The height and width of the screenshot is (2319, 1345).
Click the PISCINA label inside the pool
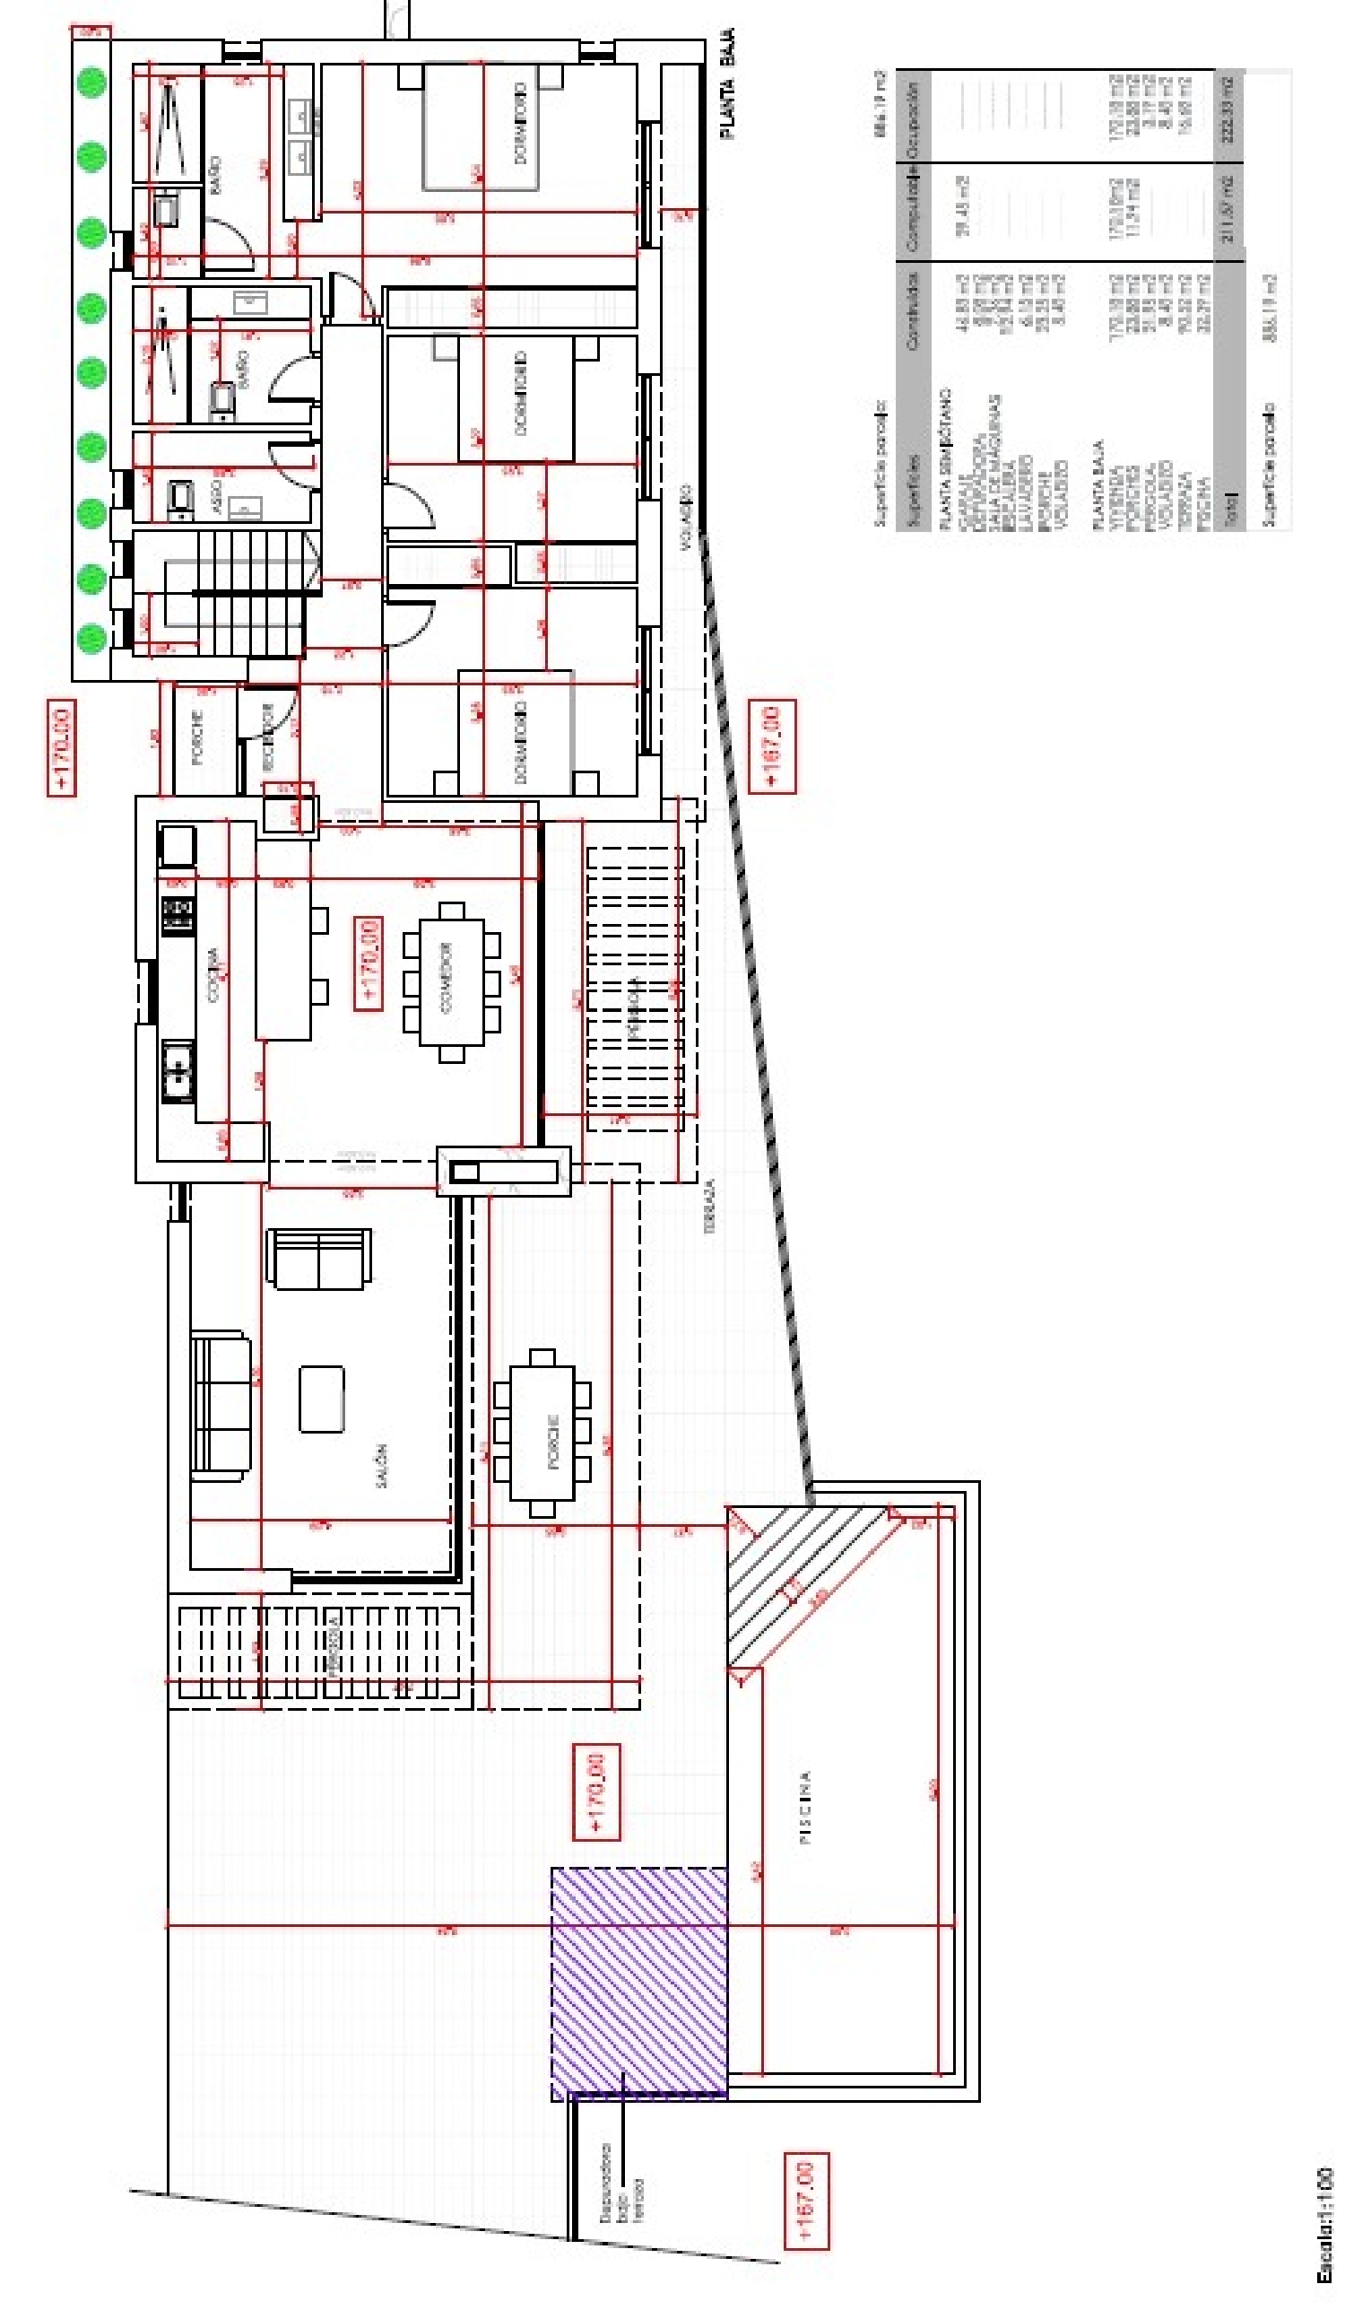805,1808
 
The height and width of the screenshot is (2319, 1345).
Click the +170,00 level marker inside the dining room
368,963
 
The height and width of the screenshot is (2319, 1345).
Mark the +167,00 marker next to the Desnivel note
806,2201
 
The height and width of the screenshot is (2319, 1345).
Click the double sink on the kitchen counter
178,1070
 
